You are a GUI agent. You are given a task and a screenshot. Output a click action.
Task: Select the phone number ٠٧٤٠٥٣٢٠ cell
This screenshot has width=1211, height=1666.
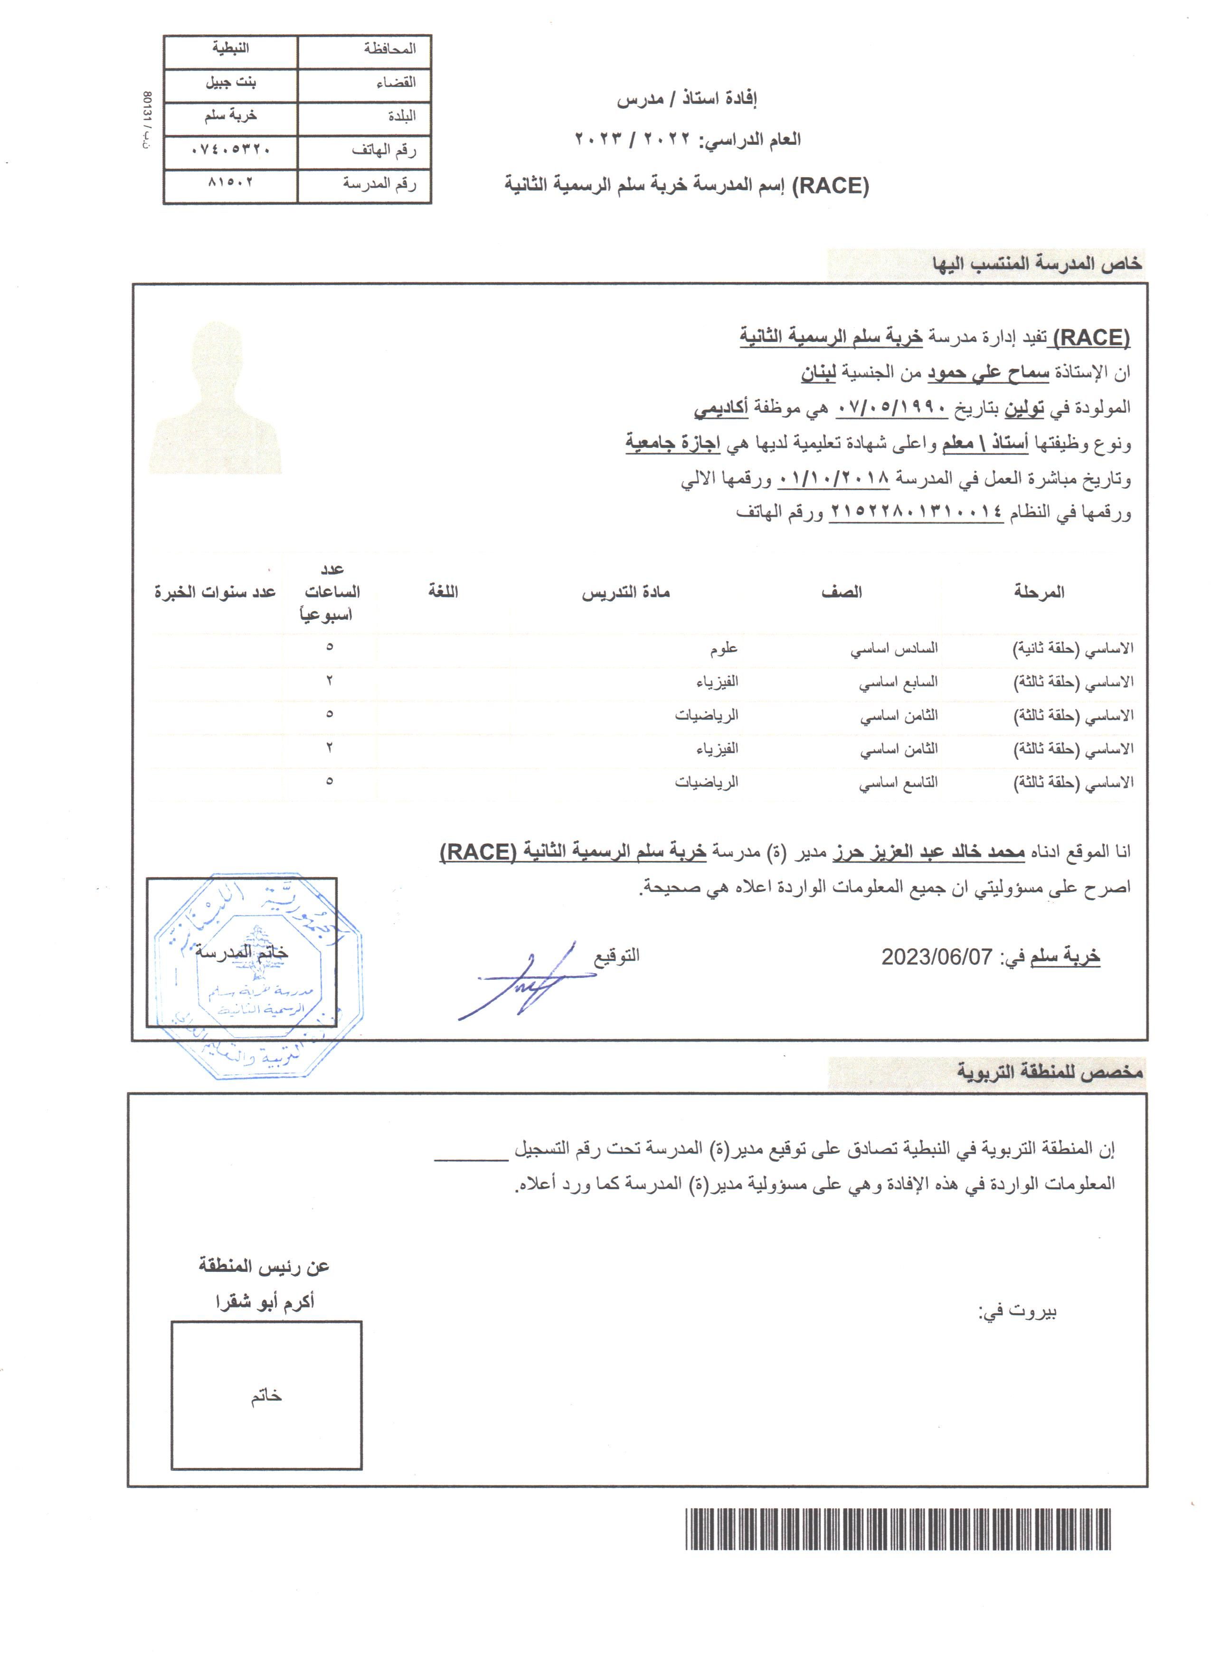click(231, 151)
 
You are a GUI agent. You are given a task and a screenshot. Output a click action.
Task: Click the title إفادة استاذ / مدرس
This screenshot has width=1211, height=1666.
click(687, 99)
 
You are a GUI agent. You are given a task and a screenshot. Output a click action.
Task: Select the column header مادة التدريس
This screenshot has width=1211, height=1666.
click(626, 593)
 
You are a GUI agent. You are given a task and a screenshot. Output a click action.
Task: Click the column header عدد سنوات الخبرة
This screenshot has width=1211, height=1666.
click(215, 593)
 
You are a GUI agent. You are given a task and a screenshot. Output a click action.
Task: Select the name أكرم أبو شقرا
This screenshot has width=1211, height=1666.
click(265, 1302)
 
